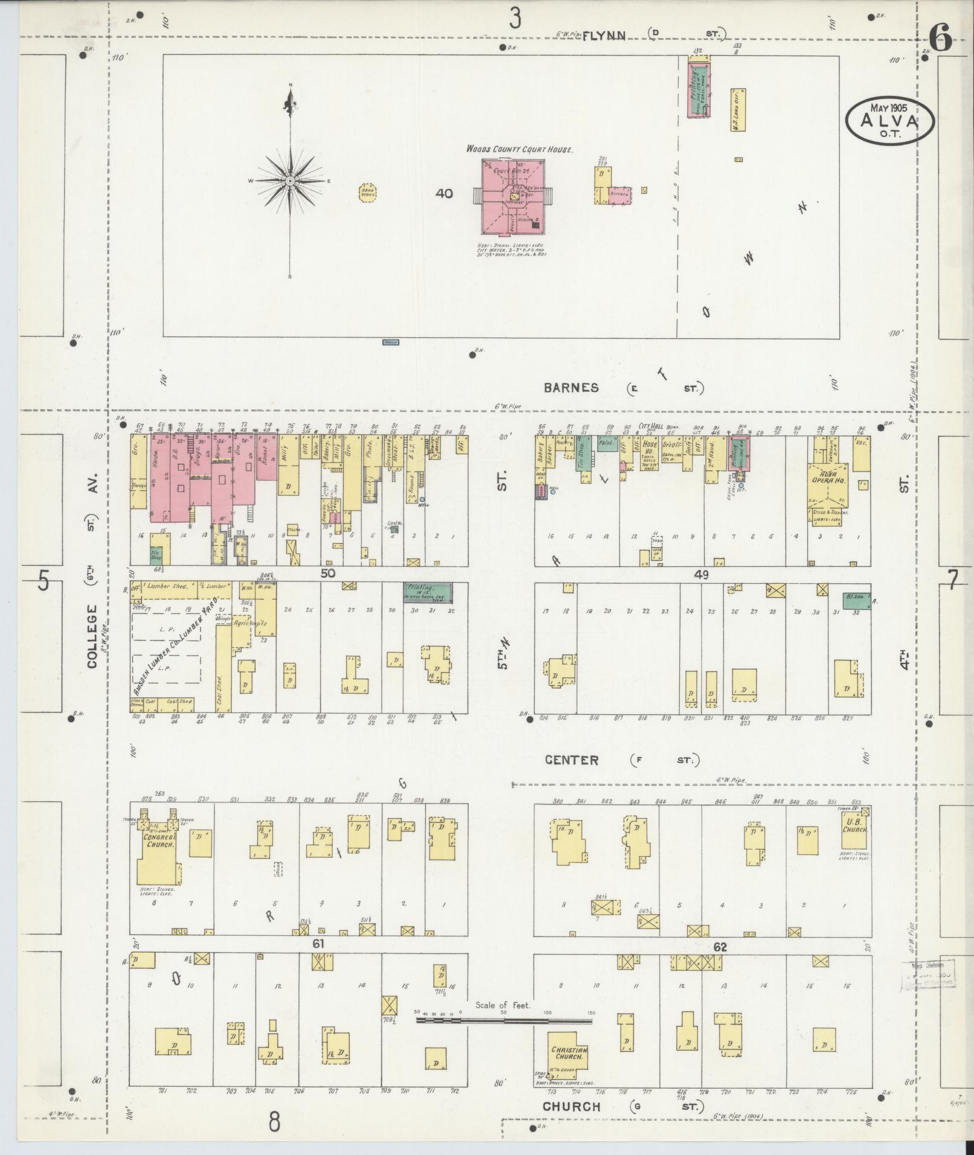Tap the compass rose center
(x=290, y=181)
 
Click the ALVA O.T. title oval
(x=889, y=120)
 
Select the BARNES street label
(x=571, y=388)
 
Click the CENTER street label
(x=571, y=760)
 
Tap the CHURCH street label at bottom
(x=571, y=1107)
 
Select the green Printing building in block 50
(x=428, y=592)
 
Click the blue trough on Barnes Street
(x=391, y=342)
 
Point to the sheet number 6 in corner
(x=940, y=40)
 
